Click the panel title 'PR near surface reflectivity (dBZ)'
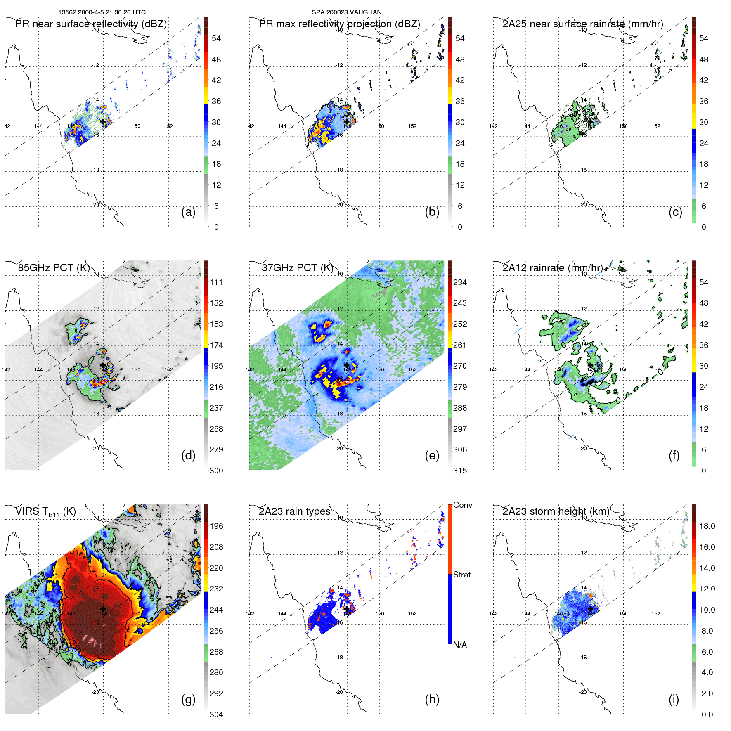click(x=91, y=24)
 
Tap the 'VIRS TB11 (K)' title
click(x=45, y=511)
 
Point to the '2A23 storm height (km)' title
click(x=556, y=511)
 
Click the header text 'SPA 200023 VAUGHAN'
click(x=346, y=12)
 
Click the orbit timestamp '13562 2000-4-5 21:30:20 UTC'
click(x=102, y=12)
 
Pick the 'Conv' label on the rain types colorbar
click(x=462, y=505)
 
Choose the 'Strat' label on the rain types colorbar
click(x=461, y=575)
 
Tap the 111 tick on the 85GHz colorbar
click(x=216, y=282)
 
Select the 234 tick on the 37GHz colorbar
click(x=460, y=282)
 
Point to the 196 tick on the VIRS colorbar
click(x=216, y=526)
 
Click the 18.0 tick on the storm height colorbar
click(x=707, y=526)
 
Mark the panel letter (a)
click(x=188, y=212)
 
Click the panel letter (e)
click(x=432, y=455)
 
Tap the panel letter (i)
click(x=674, y=699)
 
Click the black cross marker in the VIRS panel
click(x=103, y=609)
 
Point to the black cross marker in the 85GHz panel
click(x=103, y=365)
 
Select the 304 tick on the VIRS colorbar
click(x=216, y=714)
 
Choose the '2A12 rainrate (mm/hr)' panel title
click(x=552, y=267)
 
